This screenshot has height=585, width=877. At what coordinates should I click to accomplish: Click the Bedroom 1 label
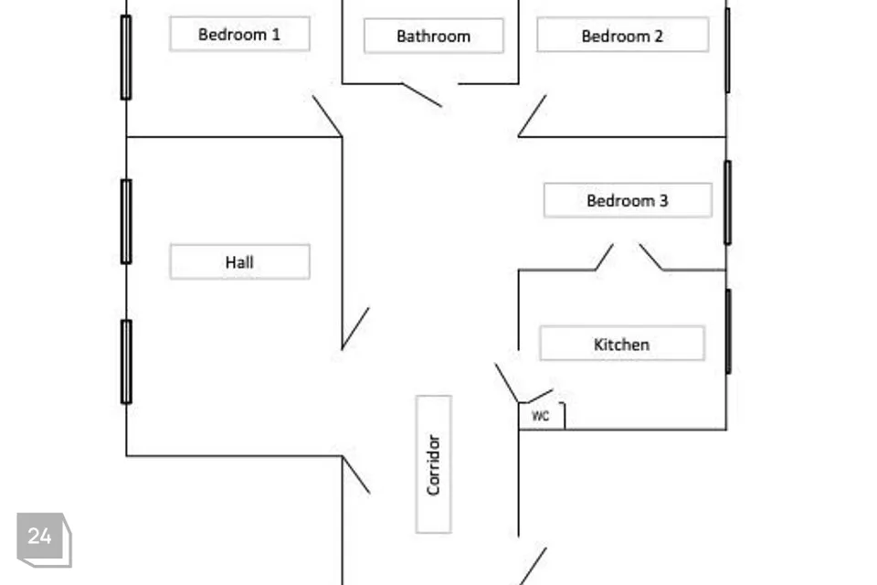click(239, 34)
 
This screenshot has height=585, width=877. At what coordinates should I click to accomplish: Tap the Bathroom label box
click(433, 36)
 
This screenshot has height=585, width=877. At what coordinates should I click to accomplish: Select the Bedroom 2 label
click(622, 36)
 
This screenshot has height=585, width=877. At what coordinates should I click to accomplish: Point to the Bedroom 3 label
click(628, 200)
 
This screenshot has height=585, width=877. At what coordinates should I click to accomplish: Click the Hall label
click(239, 261)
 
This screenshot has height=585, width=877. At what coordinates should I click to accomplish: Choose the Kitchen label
click(622, 343)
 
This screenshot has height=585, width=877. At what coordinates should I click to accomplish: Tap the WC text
click(540, 416)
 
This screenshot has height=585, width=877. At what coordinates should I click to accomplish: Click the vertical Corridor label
click(433, 464)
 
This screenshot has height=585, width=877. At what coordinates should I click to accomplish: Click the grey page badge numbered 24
click(44, 539)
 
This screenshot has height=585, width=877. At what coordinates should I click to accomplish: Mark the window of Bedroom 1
click(126, 58)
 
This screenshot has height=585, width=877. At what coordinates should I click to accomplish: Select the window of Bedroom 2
click(728, 50)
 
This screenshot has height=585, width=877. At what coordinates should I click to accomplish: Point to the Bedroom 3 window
click(728, 203)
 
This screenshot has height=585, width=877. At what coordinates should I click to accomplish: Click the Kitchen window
click(728, 332)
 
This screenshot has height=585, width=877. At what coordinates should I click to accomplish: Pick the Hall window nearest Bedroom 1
click(126, 222)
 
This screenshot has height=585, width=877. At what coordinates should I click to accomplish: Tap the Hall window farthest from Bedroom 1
click(126, 362)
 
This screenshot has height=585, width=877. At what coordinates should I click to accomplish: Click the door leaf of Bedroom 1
click(327, 116)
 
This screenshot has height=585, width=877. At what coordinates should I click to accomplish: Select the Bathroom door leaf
click(422, 95)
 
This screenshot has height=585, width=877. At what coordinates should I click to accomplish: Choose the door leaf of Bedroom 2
click(533, 115)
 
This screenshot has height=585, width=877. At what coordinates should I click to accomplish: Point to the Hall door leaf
click(355, 328)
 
